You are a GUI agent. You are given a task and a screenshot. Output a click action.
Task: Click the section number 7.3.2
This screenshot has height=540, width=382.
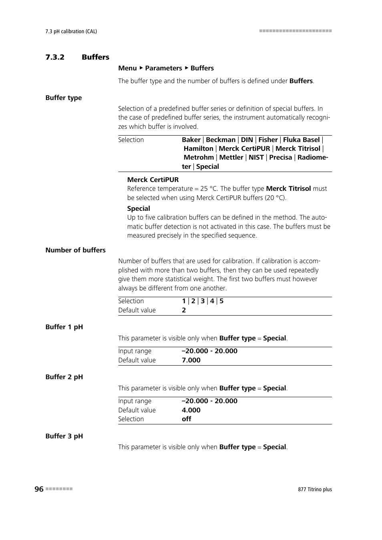(55, 57)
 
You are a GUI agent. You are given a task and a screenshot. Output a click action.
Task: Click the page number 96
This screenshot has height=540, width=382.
(39, 489)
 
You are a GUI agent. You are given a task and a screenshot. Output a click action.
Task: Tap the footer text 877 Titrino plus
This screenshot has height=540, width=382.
(315, 489)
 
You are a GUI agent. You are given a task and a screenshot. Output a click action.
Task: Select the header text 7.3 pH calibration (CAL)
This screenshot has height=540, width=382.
(71, 31)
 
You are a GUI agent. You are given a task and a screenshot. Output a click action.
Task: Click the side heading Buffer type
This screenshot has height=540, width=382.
(64, 98)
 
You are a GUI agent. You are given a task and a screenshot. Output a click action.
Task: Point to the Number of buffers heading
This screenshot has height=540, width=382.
(75, 250)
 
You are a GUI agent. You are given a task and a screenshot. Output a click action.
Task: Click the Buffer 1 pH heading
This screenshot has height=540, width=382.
(64, 327)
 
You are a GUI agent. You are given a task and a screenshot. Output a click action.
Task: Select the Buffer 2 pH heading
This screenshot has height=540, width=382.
(64, 377)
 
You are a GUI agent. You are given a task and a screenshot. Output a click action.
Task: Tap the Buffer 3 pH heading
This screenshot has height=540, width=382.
(64, 436)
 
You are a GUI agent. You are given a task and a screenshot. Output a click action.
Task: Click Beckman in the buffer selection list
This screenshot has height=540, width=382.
(221, 140)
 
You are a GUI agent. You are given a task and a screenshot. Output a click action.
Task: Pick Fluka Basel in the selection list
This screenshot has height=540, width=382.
(301, 140)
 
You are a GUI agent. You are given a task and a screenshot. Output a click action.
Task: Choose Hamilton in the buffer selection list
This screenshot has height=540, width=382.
(198, 149)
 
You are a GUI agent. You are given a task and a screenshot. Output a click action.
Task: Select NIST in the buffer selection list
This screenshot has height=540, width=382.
(256, 158)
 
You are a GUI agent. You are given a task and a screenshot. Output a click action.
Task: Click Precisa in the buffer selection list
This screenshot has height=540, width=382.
(280, 158)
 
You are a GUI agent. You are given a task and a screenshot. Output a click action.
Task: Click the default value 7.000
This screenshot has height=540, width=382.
(191, 360)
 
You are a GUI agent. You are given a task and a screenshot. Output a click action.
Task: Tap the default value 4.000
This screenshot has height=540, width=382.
(191, 410)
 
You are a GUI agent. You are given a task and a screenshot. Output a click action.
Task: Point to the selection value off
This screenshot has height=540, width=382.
(186, 419)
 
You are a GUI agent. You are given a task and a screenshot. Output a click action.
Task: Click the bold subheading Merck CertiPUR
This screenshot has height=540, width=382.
(153, 180)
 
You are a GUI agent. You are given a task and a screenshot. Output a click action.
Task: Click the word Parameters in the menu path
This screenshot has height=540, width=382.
(163, 68)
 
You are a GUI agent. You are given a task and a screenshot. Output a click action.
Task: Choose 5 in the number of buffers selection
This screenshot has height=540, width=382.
(221, 301)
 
